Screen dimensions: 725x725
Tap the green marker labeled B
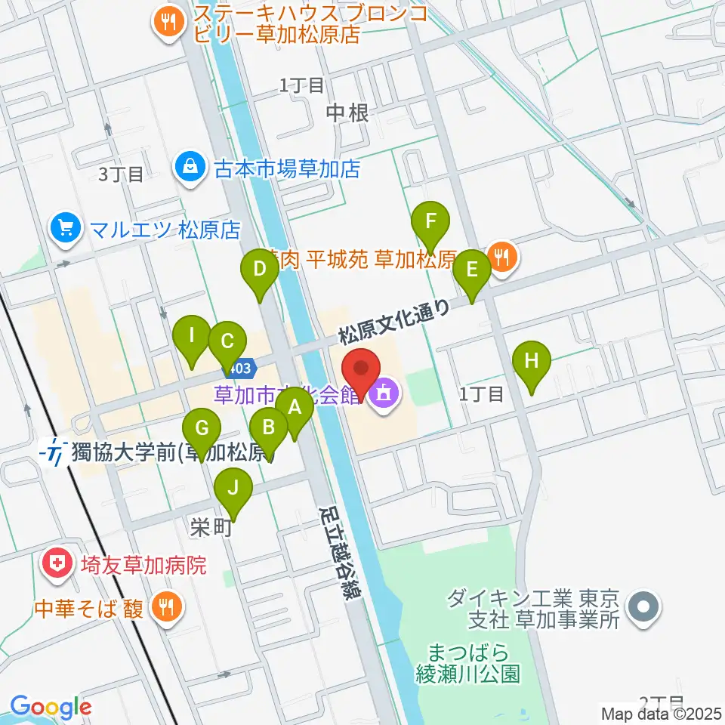tap(268, 429)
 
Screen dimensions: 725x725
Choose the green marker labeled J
tap(233, 489)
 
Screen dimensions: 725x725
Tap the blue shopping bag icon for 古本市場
tap(189, 167)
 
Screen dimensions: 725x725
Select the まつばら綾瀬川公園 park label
tap(468, 662)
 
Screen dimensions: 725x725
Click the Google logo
tap(51, 708)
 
